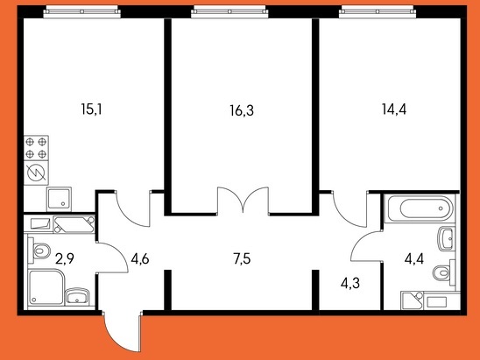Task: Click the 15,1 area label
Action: pos(91,109)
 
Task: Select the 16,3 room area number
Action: pos(242,110)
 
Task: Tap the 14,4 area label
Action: pos(394,109)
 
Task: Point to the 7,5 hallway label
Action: pos(242,259)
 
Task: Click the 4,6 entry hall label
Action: pos(140,259)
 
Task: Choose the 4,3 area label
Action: pos(349,283)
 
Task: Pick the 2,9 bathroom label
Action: pos(65,259)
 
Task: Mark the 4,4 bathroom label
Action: pos(414,259)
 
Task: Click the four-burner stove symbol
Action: pos(36,148)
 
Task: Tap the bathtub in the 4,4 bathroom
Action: pos(420,208)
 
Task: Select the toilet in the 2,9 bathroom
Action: pos(39,251)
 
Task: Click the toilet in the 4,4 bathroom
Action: pos(444,272)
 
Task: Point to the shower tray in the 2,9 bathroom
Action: pos(46,287)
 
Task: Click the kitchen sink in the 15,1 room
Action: pos(59,199)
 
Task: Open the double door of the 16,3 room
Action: pos(243,200)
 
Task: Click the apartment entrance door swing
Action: pos(123,331)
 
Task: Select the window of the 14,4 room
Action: pos(378,12)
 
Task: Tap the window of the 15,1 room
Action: pos(81,12)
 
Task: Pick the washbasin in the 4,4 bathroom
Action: pos(447,239)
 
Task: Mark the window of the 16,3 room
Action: pos(229,12)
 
